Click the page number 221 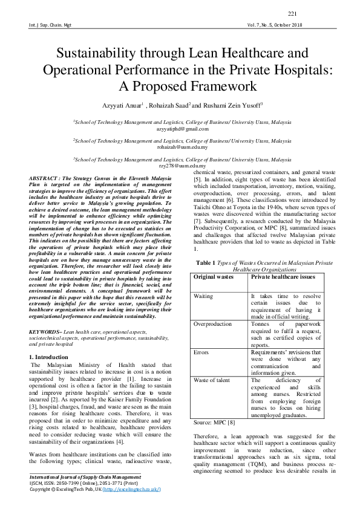(x=292, y=14)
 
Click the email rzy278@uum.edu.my (x=182, y=165)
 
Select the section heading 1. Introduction (x=49, y=358)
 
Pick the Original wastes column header (x=214, y=276)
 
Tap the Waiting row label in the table (x=203, y=296)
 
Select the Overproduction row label (x=212, y=324)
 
